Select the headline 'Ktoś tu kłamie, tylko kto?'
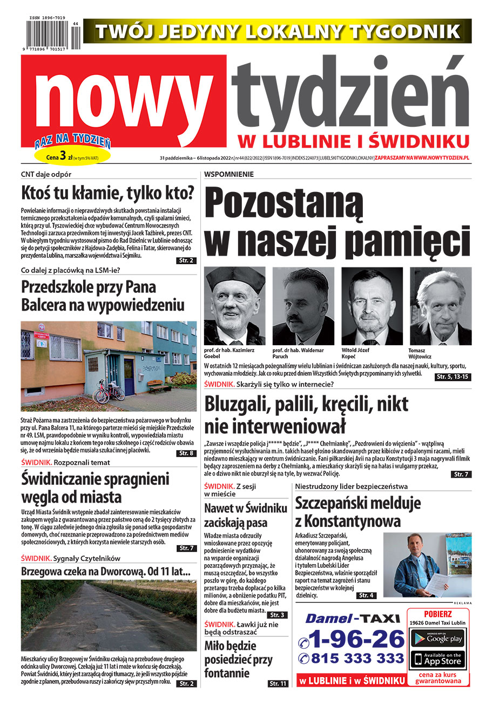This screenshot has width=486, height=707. click(107, 194)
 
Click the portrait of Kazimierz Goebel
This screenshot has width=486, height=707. click(234, 306)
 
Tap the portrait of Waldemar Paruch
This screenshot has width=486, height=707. click(303, 306)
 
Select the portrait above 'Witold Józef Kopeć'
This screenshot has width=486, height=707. click(372, 306)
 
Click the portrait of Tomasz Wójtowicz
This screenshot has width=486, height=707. click(441, 306)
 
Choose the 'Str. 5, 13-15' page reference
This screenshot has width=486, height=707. click(452, 377)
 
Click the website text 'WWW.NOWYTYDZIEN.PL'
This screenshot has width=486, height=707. click(438, 158)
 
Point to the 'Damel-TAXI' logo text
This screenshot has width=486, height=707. click(352, 619)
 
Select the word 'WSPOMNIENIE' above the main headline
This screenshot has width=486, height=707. click(229, 174)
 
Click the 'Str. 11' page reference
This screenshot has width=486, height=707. click(278, 684)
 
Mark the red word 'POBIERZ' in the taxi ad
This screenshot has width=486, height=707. click(438, 614)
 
